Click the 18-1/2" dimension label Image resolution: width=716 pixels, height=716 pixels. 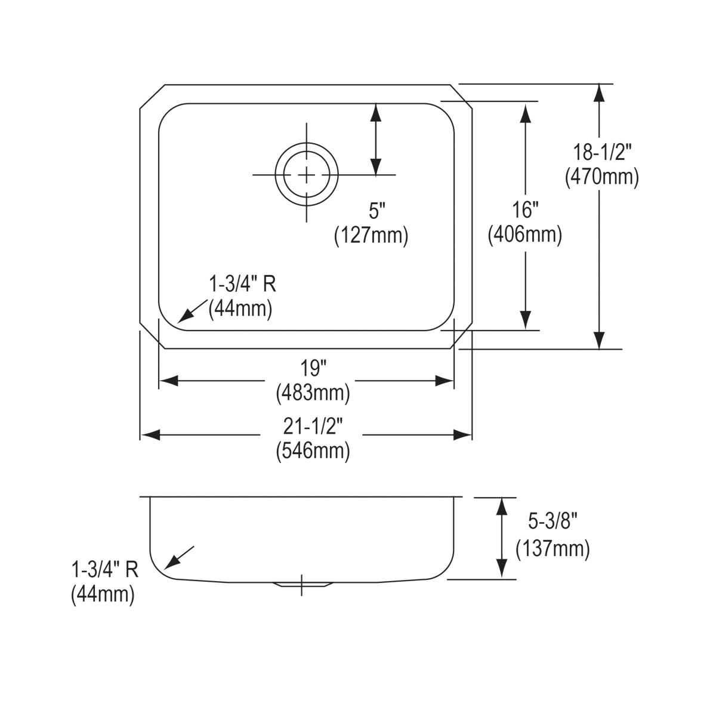601,153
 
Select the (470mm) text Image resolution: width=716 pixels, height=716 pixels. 601,177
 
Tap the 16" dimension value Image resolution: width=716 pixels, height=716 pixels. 526,210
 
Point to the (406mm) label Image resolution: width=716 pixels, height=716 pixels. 525,235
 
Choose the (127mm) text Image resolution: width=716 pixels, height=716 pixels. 371,236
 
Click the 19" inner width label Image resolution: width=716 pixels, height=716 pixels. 313,368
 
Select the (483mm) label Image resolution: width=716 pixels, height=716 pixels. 313,393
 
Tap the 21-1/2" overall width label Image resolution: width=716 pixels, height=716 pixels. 313,426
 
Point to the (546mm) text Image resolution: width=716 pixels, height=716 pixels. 313,451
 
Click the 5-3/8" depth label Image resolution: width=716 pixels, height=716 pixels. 553,523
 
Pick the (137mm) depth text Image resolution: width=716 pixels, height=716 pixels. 553,548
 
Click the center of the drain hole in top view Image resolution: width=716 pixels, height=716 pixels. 307,174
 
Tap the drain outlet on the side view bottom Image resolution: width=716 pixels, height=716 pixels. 301,583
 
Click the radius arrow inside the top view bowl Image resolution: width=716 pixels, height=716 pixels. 189,312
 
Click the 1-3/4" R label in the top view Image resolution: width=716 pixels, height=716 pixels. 242,284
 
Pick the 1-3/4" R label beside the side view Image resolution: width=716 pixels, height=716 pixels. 105,570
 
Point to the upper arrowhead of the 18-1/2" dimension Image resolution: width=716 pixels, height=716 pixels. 600,92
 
